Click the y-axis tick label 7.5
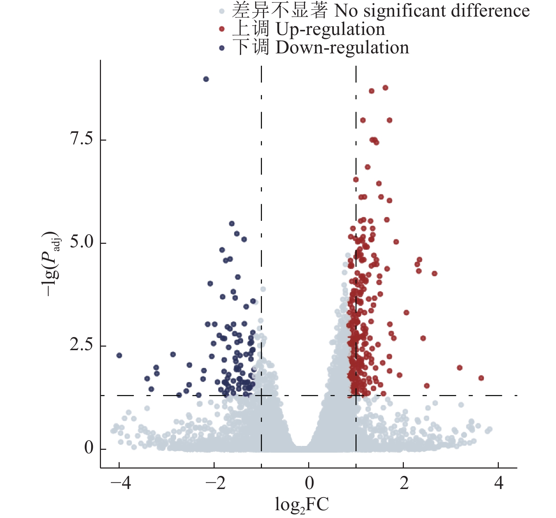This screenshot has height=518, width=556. [x=82, y=140]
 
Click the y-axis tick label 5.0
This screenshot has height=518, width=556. [x=82, y=243]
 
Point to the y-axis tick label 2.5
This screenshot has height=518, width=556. [x=82, y=346]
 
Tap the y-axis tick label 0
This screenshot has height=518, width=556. [x=89, y=448]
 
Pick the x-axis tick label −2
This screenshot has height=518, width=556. [x=215, y=483]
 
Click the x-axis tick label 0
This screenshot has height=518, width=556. [x=309, y=483]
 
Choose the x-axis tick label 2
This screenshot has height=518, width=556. [x=404, y=483]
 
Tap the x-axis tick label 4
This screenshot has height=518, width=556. [x=498, y=483]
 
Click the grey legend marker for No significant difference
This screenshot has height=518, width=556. [x=222, y=11]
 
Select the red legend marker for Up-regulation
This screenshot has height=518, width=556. [x=222, y=29]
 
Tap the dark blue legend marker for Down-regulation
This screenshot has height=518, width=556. [x=222, y=48]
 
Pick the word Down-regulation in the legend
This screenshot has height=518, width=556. [x=342, y=48]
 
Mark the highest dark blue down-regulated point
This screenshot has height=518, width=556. [x=206, y=79]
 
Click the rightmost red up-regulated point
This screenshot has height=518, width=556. [x=481, y=378]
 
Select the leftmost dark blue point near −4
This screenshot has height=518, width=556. [x=119, y=355]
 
